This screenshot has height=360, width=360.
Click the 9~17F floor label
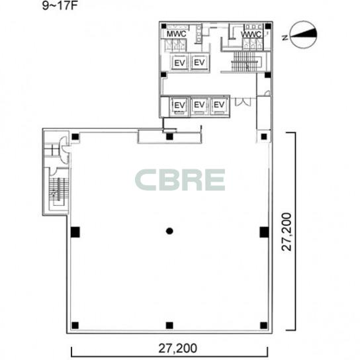[x=60, y=5]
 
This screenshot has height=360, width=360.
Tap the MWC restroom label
[x=176, y=34]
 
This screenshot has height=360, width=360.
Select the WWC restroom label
[x=251, y=34]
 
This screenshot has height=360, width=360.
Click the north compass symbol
[x=304, y=34]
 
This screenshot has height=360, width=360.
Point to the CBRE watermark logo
[x=180, y=180]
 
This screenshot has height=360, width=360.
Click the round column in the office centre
[x=169, y=231]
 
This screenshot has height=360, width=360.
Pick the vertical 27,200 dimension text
[x=287, y=232]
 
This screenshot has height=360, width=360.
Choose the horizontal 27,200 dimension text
[x=178, y=348]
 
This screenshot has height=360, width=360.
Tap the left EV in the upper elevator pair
[x=179, y=63]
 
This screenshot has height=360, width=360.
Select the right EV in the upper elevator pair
[x=199, y=62]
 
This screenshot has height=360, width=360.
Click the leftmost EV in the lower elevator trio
[x=179, y=105]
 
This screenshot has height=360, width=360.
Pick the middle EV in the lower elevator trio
[x=199, y=105]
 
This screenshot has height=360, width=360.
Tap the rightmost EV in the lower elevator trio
[x=219, y=105]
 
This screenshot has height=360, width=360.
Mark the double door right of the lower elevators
[x=243, y=102]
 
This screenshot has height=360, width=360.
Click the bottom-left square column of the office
[x=75, y=326]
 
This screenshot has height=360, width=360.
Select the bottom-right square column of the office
[x=264, y=326]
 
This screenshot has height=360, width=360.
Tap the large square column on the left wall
[x=75, y=232]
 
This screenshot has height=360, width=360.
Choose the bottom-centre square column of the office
[x=169, y=326]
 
